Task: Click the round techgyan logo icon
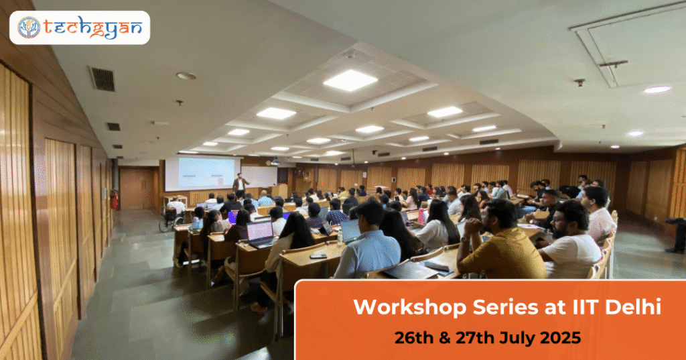coord(29,27)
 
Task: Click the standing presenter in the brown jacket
coord(240,184)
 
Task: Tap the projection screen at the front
coord(202,174)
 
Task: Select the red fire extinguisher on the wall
coord(115,200)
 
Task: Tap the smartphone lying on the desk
coord(318,256)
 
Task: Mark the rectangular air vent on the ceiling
coord(102,79)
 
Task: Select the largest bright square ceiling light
coord(350,80)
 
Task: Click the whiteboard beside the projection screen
coord(259,176)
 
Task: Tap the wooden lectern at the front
coord(280,191)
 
